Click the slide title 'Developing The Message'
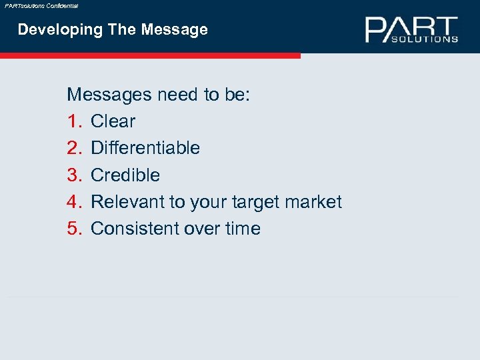click(x=113, y=29)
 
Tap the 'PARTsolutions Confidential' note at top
click(x=41, y=5)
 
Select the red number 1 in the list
click(x=73, y=121)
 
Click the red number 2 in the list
click(x=73, y=148)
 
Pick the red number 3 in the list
click(x=73, y=175)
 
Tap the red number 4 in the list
click(x=73, y=202)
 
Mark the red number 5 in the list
click(x=73, y=229)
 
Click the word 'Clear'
click(x=113, y=121)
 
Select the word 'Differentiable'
click(x=145, y=148)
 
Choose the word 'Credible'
click(x=125, y=175)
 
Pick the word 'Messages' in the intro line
click(x=109, y=95)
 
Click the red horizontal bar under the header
click(x=150, y=56)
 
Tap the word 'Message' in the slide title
click(x=177, y=30)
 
